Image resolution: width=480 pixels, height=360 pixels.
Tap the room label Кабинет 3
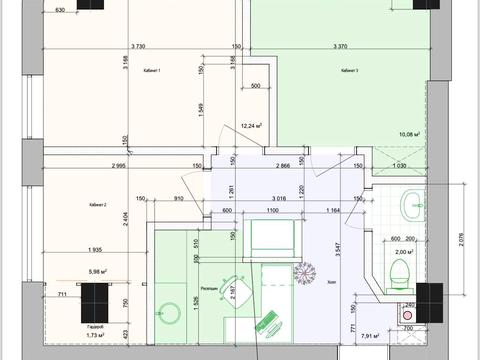350,71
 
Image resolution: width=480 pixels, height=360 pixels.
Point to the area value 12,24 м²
251,126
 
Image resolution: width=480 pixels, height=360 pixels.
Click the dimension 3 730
144,47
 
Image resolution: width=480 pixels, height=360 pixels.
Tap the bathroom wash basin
411,207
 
